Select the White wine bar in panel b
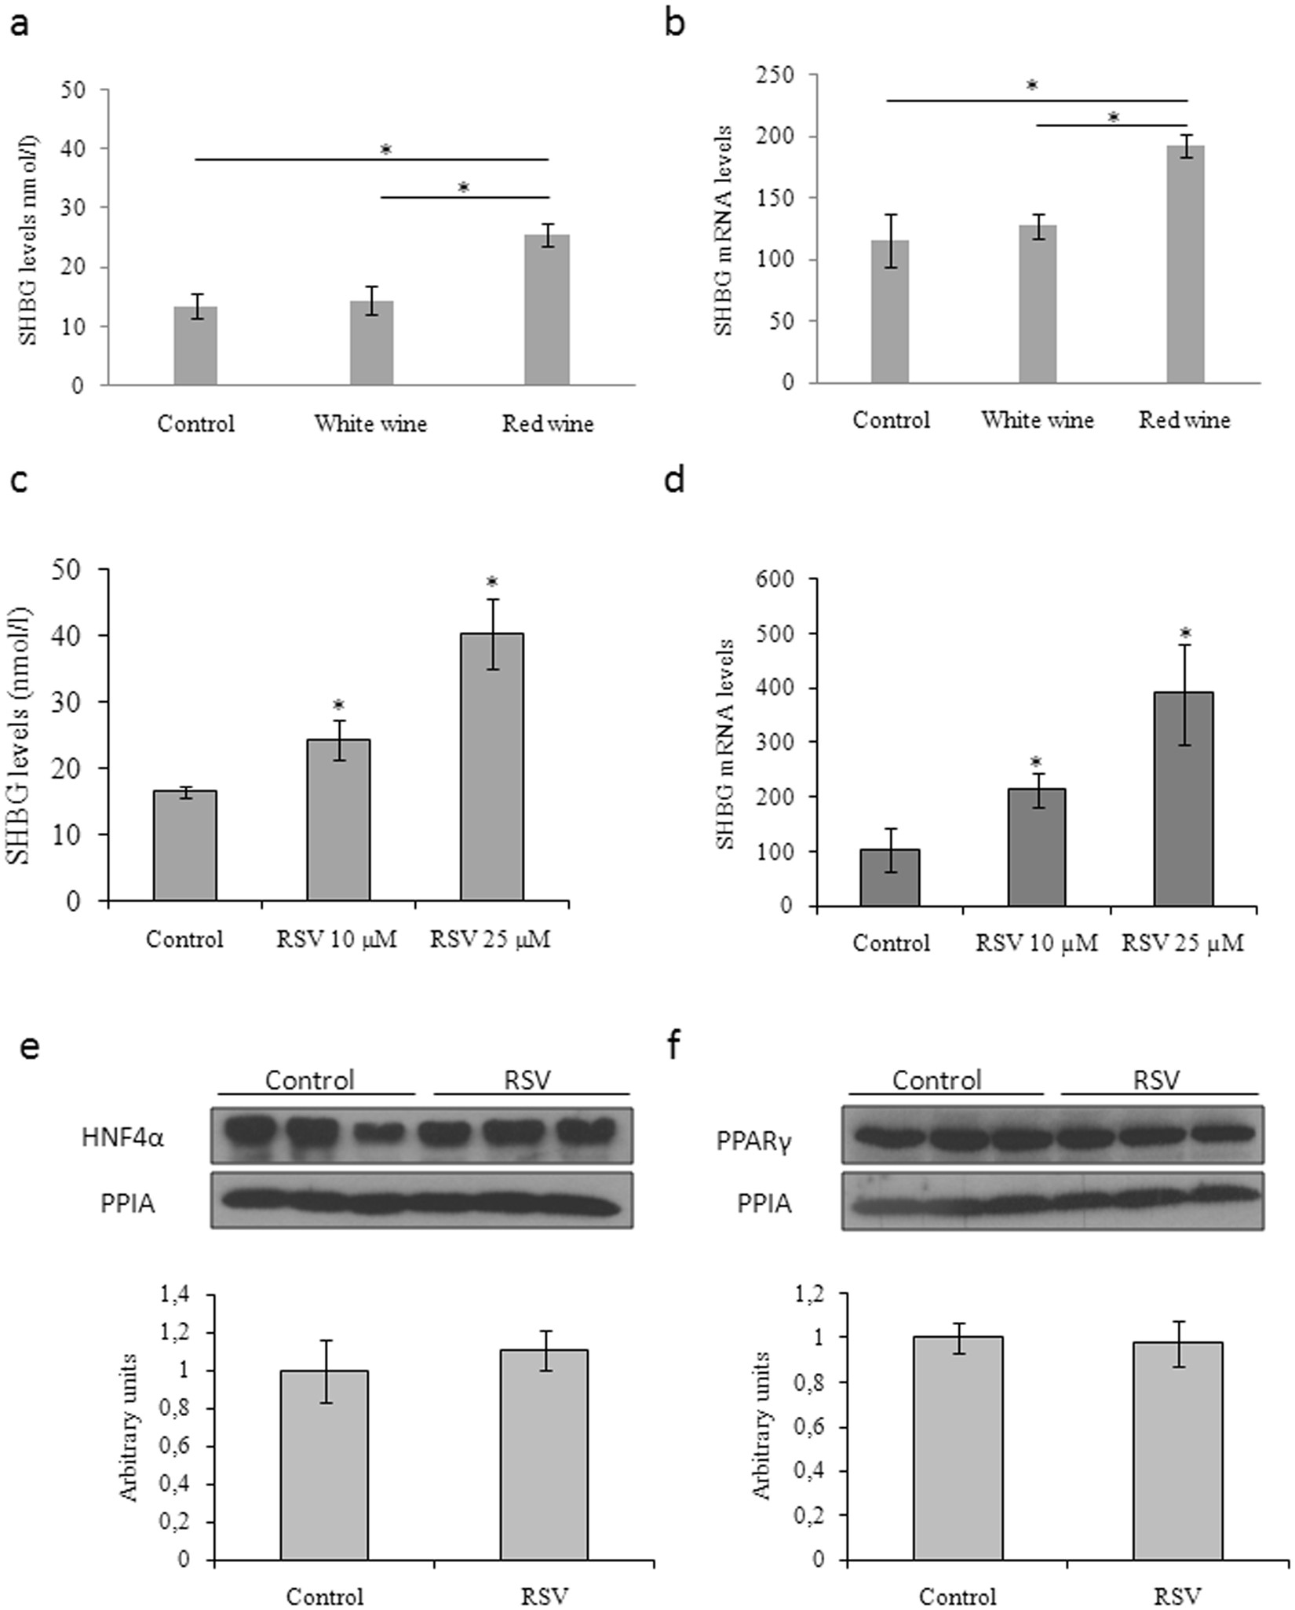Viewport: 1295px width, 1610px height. pyautogui.click(x=1038, y=304)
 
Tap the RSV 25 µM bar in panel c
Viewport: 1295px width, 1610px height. pyautogui.click(x=491, y=766)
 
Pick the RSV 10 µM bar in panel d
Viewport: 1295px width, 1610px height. pyautogui.click(x=1037, y=847)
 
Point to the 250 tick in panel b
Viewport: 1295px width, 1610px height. pyautogui.click(x=778, y=75)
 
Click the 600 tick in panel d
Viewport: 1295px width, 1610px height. pyautogui.click(x=776, y=579)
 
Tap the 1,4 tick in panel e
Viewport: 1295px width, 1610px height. pyautogui.click(x=176, y=1294)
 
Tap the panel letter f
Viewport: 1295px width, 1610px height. pyautogui.click(x=673, y=1046)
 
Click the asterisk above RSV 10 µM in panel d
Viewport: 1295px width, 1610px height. pyautogui.click(x=1037, y=762)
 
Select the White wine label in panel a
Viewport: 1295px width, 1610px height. pyautogui.click(x=370, y=425)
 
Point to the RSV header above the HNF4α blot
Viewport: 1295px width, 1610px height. pyautogui.click(x=528, y=1080)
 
